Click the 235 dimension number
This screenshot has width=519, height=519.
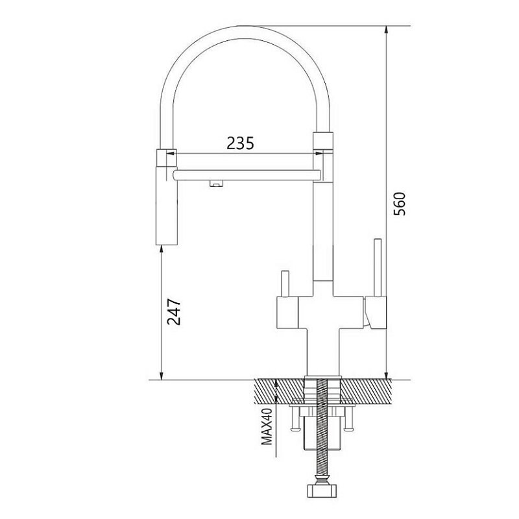240,143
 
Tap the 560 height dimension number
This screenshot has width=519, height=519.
400,204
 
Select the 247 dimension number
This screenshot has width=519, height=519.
174,312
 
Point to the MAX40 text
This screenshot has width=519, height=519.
267,426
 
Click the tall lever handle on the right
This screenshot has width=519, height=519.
378,267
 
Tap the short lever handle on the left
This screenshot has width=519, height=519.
285,284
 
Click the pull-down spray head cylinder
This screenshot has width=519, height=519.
167,206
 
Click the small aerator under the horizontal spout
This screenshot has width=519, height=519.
215,184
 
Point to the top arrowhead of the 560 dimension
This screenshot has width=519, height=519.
385,30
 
